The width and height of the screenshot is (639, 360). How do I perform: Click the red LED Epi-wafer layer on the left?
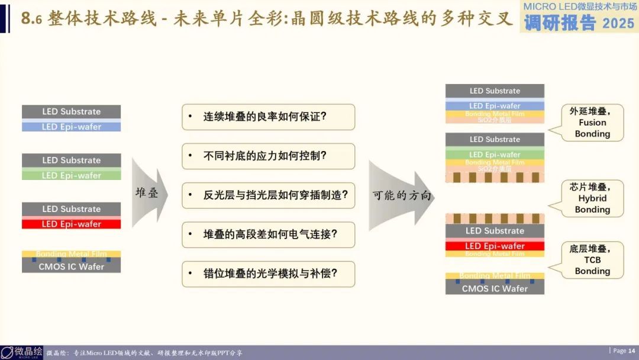[x=72, y=224]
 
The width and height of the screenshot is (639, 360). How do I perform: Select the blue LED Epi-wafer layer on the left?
[x=72, y=127]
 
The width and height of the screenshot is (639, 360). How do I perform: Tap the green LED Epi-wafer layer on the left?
[x=72, y=175]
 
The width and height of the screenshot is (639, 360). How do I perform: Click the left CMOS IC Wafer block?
[x=72, y=266]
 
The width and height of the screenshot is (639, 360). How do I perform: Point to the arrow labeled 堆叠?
[x=148, y=193]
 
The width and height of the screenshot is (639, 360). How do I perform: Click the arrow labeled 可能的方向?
[x=401, y=195]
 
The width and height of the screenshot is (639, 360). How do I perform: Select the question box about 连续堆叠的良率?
[x=268, y=117]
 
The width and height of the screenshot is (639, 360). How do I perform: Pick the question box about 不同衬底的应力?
[x=268, y=156]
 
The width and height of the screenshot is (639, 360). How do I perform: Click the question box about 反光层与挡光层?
[x=268, y=195]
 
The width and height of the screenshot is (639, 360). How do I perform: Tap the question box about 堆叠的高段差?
[x=268, y=234]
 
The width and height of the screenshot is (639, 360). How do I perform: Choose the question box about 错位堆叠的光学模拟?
[x=268, y=274]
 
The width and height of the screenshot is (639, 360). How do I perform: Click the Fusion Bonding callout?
[x=592, y=123]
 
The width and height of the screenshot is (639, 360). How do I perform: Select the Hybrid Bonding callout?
[x=592, y=198]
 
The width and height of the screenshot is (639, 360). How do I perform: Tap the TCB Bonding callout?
[x=592, y=260]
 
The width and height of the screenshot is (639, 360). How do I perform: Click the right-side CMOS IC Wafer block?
[x=495, y=288]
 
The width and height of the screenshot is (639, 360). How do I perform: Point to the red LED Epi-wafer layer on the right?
[x=495, y=246]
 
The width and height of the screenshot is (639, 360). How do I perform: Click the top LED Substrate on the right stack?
[x=495, y=91]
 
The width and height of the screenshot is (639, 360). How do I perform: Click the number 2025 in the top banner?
[x=618, y=23]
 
